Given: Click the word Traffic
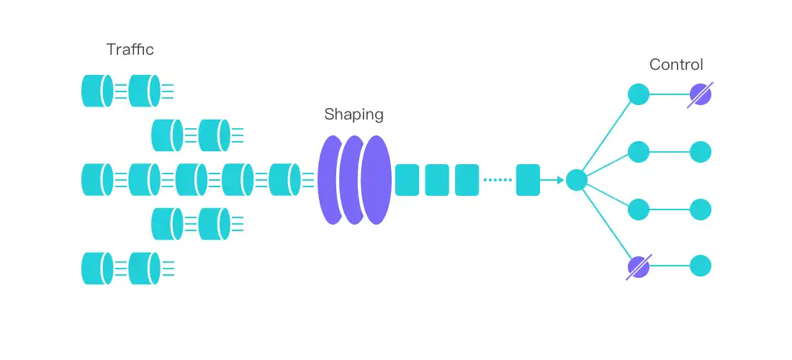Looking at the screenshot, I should click(130, 50).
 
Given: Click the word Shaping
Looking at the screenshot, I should click(354, 114).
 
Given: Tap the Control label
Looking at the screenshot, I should click(676, 65).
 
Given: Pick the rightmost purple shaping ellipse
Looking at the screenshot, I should click(377, 180).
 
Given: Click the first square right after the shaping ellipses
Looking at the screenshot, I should click(407, 180).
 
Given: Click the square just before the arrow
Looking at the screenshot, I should click(528, 180).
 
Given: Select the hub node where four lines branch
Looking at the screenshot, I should click(577, 180).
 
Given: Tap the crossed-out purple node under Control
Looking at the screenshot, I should click(700, 94).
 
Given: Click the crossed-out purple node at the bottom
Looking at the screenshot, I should click(639, 266).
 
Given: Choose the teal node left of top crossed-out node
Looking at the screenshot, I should click(639, 94).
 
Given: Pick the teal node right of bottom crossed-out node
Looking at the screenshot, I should click(701, 266).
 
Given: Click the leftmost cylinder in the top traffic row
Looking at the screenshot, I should click(97, 91).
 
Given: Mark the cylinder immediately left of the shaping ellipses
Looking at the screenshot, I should click(284, 180).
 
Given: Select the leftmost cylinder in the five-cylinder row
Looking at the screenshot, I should click(97, 180).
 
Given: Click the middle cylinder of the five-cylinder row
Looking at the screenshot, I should click(191, 180).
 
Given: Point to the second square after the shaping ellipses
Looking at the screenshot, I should click(437, 180).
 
